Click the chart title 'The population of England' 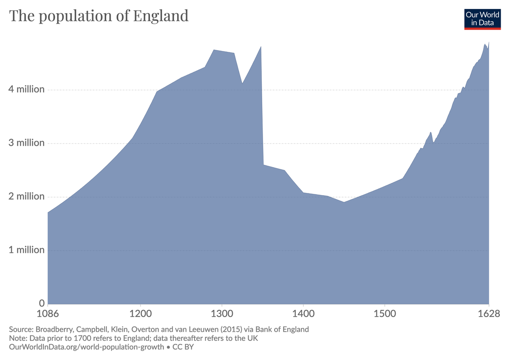(x=99, y=16)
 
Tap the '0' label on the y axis (x=42, y=303)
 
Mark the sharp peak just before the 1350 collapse (x=261, y=46)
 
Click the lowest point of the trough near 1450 (x=344, y=202)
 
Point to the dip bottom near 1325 (x=242, y=84)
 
